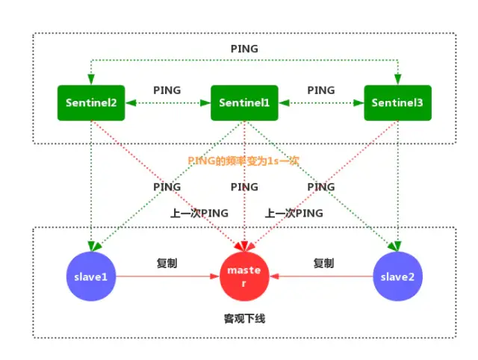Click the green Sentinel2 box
[90, 103]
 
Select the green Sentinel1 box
[244, 103]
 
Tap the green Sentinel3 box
[397, 103]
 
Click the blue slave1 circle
[90, 276]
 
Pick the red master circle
[244, 276]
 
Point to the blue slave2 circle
[397, 276]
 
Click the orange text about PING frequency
[243, 160]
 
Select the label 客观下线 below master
[244, 318]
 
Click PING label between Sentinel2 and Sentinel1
[167, 90]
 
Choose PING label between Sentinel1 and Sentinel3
[321, 90]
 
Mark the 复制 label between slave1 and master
[167, 263]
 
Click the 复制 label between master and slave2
[323, 263]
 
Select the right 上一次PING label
[294, 213]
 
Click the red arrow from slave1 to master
[167, 276]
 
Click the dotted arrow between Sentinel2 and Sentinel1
[167, 104]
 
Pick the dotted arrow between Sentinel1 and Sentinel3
[321, 104]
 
